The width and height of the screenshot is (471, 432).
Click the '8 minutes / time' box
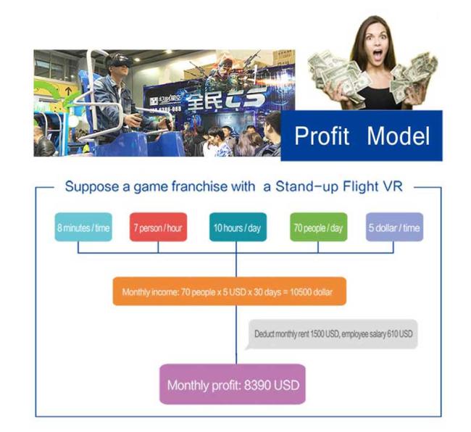point(83,227)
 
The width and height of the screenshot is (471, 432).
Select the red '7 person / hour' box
point(158,227)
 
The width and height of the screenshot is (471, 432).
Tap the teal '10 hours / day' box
point(238,227)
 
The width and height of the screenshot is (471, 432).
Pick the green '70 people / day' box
point(318,227)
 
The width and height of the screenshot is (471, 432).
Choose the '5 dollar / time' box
point(394,227)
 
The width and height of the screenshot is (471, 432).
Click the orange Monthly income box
point(230,291)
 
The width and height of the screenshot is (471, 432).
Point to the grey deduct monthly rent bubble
point(332,334)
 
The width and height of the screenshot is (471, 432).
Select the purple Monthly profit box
point(233,384)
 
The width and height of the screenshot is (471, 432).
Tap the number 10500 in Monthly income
point(301,292)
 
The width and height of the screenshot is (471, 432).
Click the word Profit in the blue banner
point(322,136)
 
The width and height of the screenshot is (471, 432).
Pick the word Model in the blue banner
point(399,136)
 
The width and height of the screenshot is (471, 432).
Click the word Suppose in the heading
point(92,187)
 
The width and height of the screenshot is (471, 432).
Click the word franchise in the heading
point(199,186)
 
